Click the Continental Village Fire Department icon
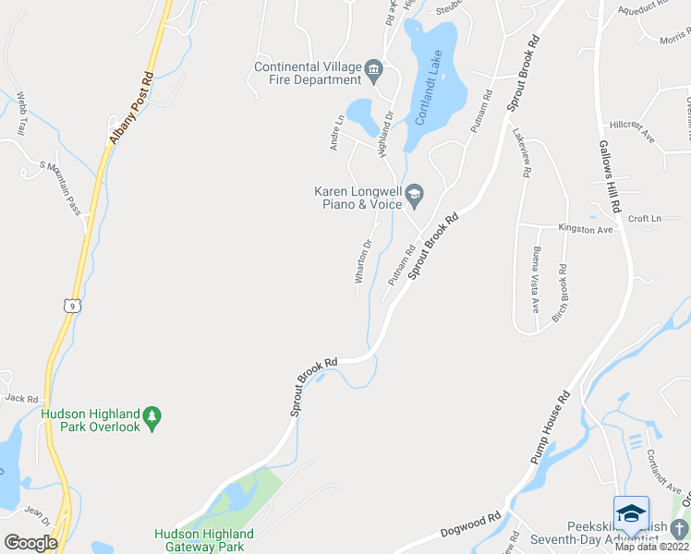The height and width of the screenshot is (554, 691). tap(374, 68)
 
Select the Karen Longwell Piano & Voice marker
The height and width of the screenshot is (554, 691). tap(414, 192)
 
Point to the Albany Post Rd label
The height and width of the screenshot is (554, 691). tap(130, 108)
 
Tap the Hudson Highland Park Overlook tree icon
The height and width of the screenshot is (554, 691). tap(154, 418)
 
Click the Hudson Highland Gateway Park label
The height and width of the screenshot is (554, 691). tap(203, 540)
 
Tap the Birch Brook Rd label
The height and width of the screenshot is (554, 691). tap(561, 293)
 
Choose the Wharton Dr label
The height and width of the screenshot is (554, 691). tap(363, 262)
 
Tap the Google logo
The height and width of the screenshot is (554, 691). tap(30, 542)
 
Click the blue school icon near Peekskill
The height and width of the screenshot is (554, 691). tap(631, 513)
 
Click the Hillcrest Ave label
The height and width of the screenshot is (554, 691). tap(632, 131)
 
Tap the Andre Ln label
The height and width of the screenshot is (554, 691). tap(337, 132)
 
